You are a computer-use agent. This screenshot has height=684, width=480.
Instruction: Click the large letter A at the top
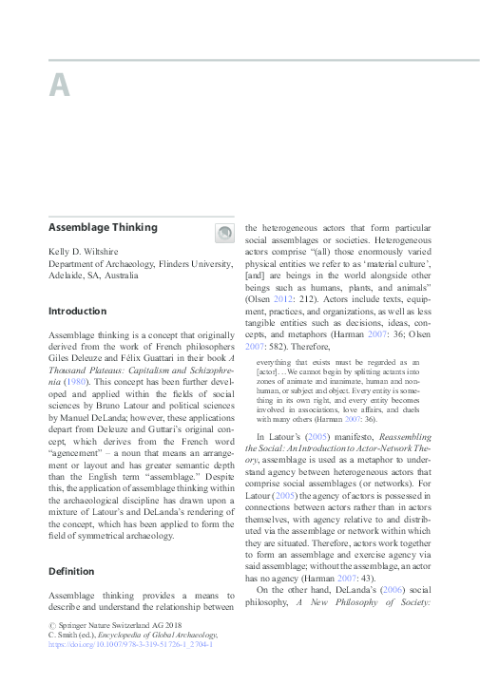(59, 85)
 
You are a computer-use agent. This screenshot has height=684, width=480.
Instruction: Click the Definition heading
(72, 572)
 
